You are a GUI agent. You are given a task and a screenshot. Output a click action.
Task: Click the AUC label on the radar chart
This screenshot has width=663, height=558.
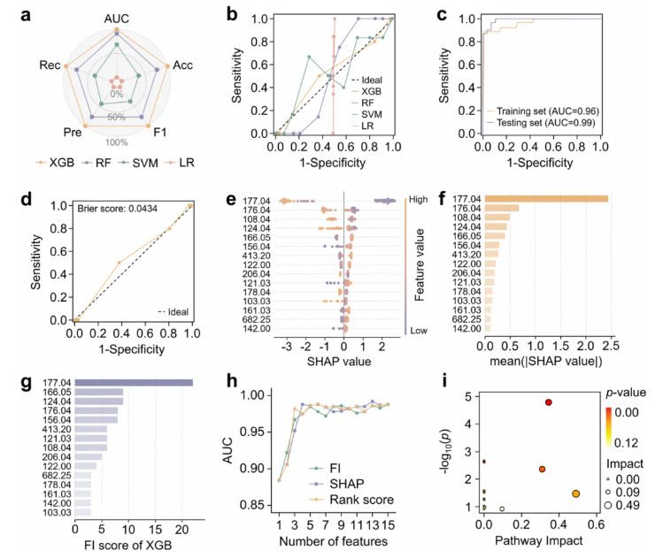(x=117, y=18)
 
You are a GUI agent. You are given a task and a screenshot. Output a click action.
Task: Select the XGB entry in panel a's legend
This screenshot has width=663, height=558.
(x=55, y=164)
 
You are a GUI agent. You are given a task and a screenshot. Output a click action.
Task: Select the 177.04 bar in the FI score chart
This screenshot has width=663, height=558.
(x=134, y=383)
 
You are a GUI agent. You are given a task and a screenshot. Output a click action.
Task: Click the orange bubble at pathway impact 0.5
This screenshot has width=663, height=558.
(x=576, y=493)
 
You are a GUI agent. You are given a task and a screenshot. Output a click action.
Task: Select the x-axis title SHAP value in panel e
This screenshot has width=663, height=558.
(x=338, y=363)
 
